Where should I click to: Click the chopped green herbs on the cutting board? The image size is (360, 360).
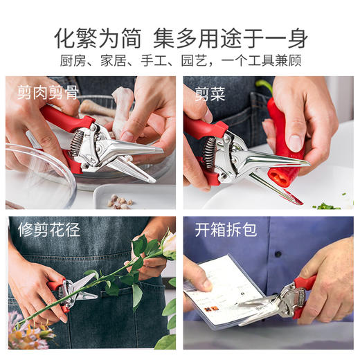point(325,206)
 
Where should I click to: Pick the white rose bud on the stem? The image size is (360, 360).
point(168,243)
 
